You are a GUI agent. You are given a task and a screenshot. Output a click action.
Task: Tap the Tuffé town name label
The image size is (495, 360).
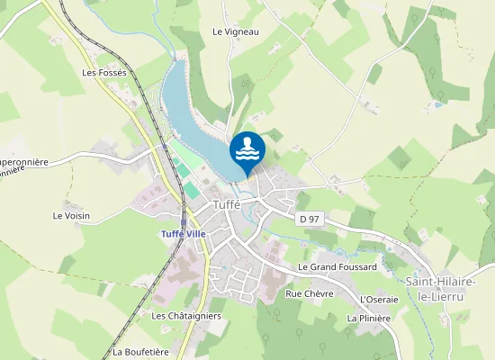coord(228,204)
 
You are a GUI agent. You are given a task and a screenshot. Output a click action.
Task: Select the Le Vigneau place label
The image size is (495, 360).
coord(236,31)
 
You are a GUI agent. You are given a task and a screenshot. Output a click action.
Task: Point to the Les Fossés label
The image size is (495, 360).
coord(105,72)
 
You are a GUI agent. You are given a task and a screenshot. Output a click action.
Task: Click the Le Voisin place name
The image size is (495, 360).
coord(71,215)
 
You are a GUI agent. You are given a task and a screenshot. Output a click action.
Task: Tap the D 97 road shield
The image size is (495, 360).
coord(309,219)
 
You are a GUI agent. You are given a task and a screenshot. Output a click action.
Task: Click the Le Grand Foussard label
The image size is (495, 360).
coord(337,267)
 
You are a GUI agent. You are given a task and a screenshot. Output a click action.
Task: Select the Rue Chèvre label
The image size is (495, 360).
coord(309,293)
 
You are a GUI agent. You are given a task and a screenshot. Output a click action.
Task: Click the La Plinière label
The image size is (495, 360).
coord(369,318)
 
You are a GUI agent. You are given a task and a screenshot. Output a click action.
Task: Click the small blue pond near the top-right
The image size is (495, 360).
coord(437,104)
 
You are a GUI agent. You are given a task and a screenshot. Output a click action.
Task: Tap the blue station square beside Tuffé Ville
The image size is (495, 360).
coord(183,220)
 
